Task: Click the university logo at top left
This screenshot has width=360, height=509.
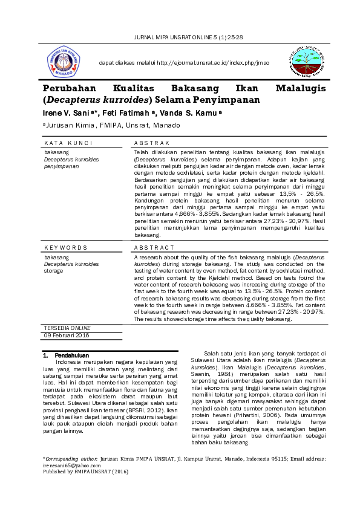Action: [64, 62]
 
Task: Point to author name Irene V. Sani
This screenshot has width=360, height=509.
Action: [67, 113]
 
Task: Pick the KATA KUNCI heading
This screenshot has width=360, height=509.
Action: [68, 143]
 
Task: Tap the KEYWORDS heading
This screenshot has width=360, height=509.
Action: [66, 247]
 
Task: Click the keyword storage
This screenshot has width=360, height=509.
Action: [53, 270]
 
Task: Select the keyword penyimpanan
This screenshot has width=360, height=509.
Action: [62, 165]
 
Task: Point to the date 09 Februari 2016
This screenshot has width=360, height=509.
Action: [67, 335]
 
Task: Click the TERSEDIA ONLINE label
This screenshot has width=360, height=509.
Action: [67, 328]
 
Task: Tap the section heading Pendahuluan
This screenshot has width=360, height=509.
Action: [71, 355]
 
